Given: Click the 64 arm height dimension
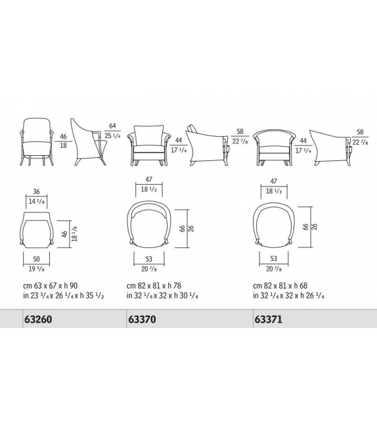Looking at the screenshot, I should pyautogui.click(x=112, y=125).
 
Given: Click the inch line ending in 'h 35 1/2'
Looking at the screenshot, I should pyautogui.click(x=62, y=296).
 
